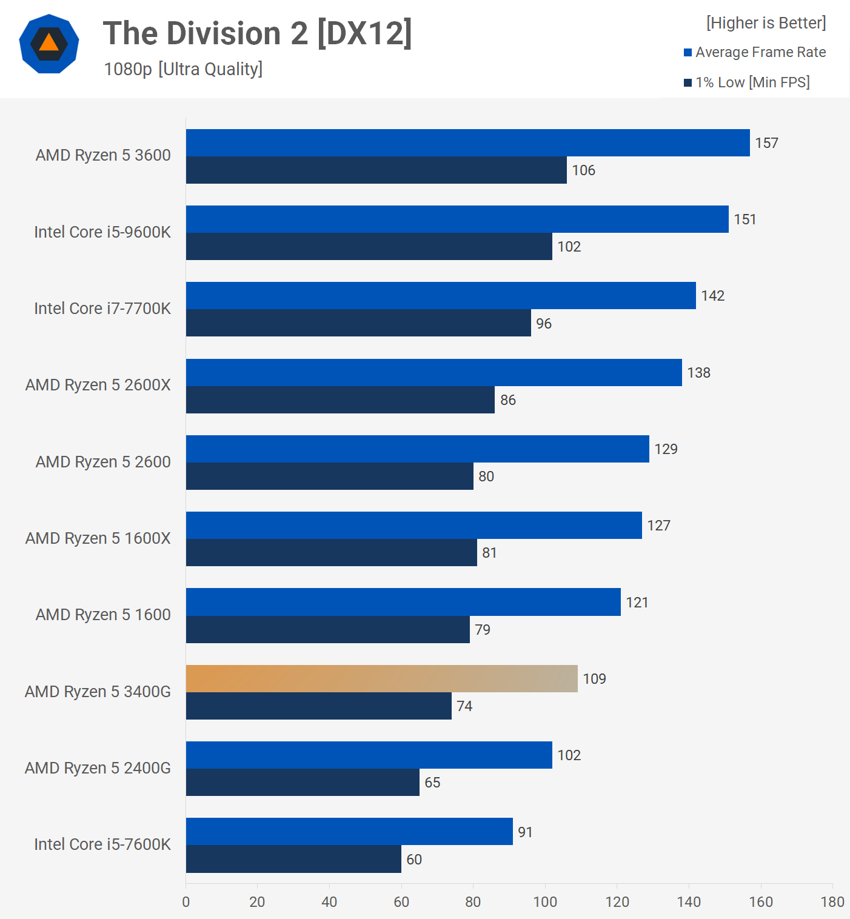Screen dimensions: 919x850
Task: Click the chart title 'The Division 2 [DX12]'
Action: [257, 33]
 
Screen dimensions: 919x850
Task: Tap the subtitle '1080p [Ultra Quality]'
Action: [183, 69]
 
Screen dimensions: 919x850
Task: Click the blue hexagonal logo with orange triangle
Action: [49, 44]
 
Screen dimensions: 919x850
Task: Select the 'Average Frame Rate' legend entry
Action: [760, 52]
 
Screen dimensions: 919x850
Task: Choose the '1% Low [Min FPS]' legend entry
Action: [752, 82]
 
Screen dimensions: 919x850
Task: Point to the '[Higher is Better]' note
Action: [766, 23]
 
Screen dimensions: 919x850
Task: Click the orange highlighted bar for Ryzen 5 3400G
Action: [381, 678]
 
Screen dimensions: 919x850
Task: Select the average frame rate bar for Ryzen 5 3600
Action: [467, 142]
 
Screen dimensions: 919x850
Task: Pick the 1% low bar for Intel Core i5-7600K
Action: [293, 859]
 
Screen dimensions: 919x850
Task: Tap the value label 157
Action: [766, 143]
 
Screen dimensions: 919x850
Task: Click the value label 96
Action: [544, 324]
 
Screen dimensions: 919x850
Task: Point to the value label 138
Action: [698, 373]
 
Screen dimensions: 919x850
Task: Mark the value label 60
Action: [414, 860]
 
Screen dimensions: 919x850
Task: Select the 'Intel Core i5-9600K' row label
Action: [102, 232]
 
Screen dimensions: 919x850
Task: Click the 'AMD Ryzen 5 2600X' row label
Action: [98, 385]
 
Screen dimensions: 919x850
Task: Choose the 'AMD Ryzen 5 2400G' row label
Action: [98, 768]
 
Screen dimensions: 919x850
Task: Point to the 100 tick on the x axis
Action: [545, 902]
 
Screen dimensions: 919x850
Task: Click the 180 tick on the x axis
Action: [832, 902]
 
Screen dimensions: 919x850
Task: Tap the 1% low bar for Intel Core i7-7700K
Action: [358, 323]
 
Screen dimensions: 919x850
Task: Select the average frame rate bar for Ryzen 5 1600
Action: [403, 602]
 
